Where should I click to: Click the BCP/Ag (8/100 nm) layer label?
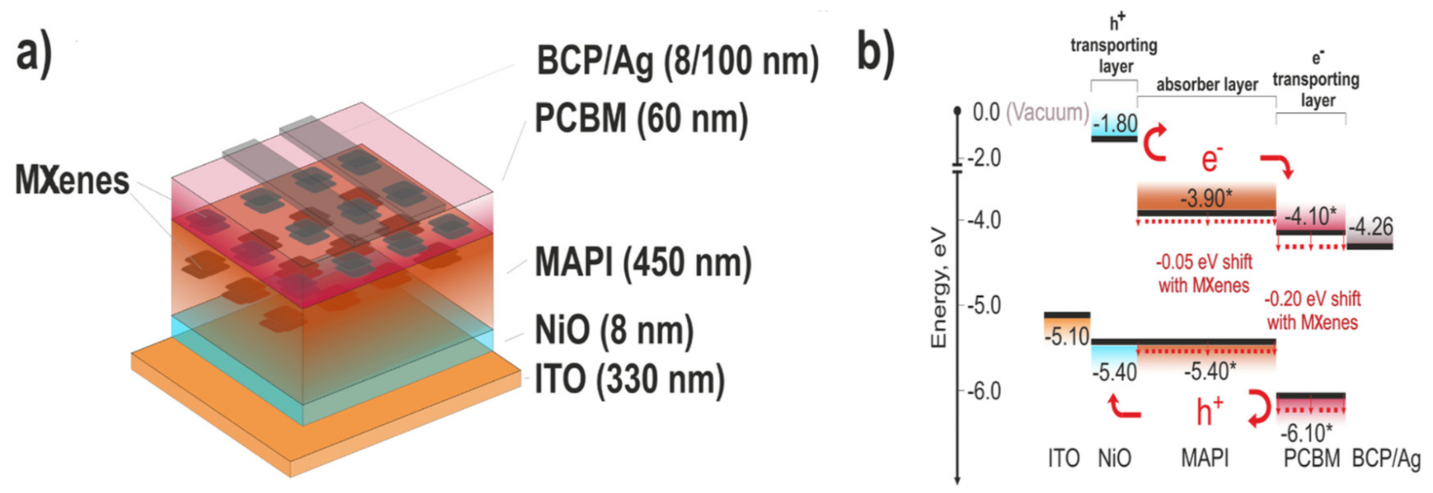677,61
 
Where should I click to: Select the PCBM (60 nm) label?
641,119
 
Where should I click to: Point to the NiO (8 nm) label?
614,330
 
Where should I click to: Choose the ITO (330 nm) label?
629,380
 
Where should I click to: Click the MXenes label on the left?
72,181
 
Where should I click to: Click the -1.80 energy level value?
1115,124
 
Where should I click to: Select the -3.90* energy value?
1206,198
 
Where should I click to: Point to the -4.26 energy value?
1370,227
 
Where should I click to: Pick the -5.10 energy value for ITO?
1066,337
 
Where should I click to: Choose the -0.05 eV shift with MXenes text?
1204,274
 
